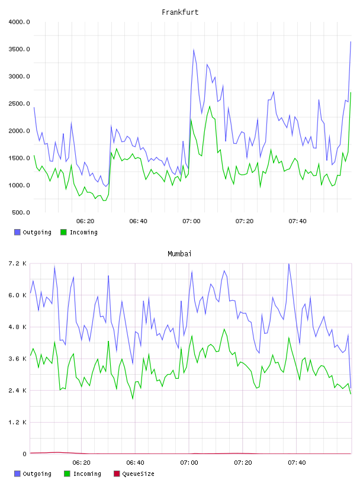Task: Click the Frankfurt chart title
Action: click(180, 12)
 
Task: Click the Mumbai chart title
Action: click(179, 254)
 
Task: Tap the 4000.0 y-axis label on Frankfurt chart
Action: click(19, 22)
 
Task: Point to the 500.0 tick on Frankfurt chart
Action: click(21, 212)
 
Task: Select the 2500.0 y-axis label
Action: click(19, 104)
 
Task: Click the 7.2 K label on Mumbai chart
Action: click(18, 263)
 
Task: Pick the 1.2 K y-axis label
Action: click(18, 422)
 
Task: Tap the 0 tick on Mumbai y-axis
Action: click(24, 454)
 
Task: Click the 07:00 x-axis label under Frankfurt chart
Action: click(191, 221)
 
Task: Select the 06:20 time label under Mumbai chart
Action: click(81, 463)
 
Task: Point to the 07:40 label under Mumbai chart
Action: click(297, 463)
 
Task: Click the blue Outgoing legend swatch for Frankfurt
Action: click(17, 232)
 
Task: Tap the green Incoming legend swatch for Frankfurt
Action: click(63, 232)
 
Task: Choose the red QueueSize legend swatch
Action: click(117, 474)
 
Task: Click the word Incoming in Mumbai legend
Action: click(87, 474)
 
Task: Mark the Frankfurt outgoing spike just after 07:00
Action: click(194, 49)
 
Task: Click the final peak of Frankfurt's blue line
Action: click(351, 41)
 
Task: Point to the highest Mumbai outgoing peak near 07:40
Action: click(289, 263)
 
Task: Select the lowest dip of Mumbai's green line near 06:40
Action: click(133, 398)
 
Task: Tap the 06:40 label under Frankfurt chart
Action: click(138, 221)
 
